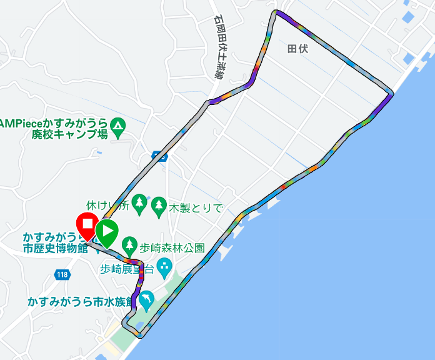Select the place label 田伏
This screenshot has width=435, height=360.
point(298,49)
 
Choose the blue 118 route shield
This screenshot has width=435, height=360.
point(62,274)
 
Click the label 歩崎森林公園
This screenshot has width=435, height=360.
point(172,247)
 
